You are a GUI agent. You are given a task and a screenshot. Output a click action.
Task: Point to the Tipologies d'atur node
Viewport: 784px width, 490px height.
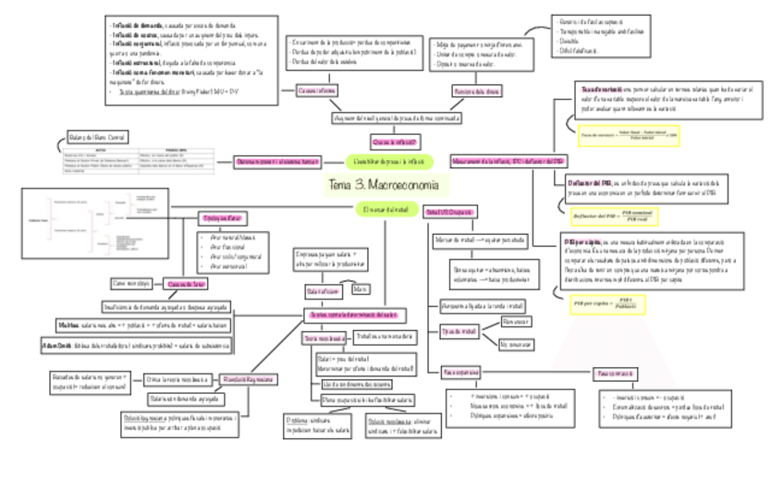coord(220,218)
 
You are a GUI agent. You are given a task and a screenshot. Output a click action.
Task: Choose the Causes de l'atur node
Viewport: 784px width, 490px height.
coord(187,285)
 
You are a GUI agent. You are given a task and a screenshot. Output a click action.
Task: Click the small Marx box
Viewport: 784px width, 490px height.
coord(361,288)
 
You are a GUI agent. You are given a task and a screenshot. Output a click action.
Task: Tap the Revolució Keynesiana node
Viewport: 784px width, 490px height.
coord(242,378)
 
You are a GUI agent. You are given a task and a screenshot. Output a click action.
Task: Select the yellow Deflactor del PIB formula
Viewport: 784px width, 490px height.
coord(615,214)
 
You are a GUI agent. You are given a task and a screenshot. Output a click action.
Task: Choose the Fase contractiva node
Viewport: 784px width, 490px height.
coord(612,372)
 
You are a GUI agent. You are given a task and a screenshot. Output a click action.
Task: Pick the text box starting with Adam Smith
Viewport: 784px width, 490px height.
coord(136,344)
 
